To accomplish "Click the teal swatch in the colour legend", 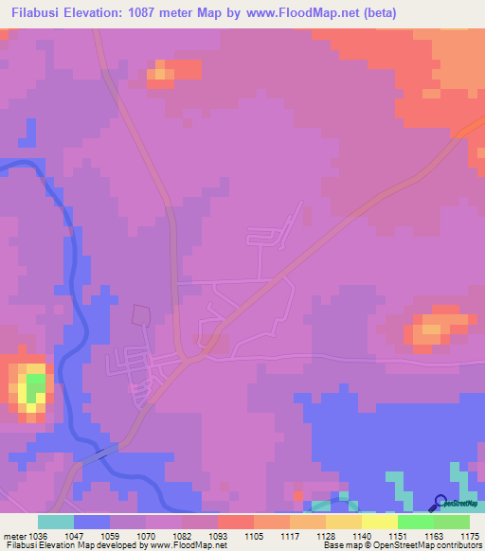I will point(56,522).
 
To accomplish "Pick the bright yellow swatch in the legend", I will point(379,522).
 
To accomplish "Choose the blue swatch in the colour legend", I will point(92,522).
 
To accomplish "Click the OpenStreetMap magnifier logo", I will point(441,503).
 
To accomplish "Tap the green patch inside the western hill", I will point(35,386).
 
